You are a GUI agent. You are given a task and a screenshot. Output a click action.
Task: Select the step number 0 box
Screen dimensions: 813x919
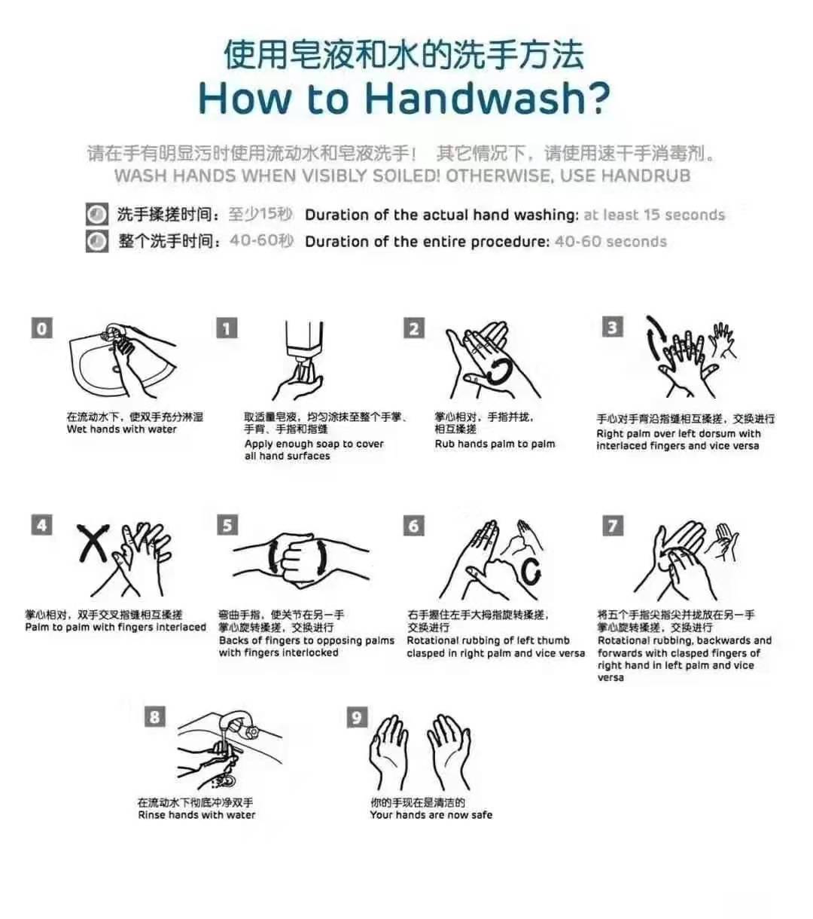pos(41,328)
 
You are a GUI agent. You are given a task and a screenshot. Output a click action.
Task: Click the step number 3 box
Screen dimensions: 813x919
pos(612,327)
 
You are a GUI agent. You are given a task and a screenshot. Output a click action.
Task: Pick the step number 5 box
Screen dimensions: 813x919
pos(227,525)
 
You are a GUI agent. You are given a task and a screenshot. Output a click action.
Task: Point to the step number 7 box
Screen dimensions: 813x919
pos(613,526)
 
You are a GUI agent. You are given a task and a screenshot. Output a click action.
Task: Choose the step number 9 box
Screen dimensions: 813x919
pos(357,717)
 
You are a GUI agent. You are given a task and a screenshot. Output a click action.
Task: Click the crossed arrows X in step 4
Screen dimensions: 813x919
pos(93,543)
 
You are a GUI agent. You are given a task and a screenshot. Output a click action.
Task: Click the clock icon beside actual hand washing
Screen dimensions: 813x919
pos(97,214)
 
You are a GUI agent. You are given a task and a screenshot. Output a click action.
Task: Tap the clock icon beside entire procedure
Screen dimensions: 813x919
pos(97,241)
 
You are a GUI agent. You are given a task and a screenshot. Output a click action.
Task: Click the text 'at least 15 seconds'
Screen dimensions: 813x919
pos(654,215)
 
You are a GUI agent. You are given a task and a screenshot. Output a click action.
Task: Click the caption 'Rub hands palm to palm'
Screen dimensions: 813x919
pos(495,444)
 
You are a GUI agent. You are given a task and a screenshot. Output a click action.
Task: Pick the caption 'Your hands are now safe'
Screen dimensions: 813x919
pos(431,815)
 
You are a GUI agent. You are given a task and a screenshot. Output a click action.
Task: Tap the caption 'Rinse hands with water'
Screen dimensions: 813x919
pos(196,815)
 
